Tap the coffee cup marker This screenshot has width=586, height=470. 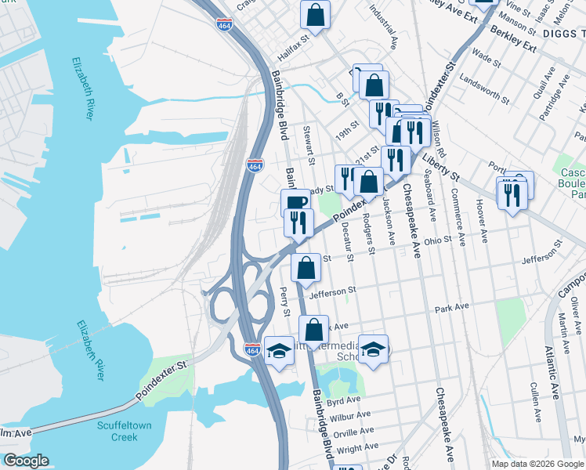coord(296,203)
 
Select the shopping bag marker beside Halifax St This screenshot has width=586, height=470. coord(315,14)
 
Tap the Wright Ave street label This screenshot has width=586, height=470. coord(360,449)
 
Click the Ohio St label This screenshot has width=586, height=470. coord(438,240)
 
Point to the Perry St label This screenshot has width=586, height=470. coord(284,300)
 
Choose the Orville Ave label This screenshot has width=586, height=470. coord(353,432)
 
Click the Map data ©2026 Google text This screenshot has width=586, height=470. coord(537,464)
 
